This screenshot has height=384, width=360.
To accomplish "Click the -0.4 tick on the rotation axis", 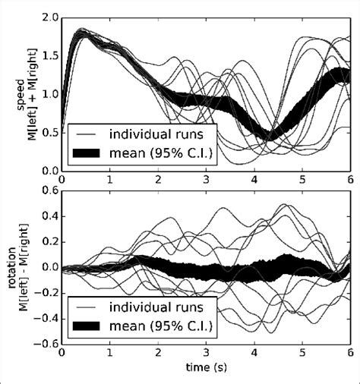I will point(49,318).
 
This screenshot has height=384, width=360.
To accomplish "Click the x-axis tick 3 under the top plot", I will point(206,180).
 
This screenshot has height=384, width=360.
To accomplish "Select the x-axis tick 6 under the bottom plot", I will point(350,354).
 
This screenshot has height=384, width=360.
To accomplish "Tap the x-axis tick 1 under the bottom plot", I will point(109,354).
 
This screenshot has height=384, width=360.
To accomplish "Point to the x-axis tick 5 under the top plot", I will point(302,180).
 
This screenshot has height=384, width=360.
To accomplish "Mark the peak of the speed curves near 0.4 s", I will point(83,32).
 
